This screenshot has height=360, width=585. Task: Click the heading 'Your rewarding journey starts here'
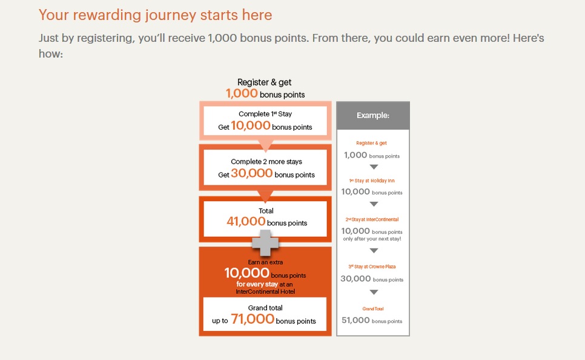click(x=155, y=15)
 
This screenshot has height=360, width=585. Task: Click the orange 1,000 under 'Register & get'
click(x=242, y=93)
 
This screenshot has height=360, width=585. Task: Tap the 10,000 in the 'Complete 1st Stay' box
click(x=250, y=125)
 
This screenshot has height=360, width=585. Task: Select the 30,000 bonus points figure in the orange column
click(x=252, y=173)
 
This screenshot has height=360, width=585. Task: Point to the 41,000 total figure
click(x=246, y=221)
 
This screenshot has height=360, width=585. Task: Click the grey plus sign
click(x=265, y=243)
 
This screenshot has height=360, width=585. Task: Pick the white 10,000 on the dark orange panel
click(x=246, y=273)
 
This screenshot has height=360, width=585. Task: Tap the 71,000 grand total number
click(x=253, y=319)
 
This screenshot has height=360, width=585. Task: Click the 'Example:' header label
click(x=373, y=115)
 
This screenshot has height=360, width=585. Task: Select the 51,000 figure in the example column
click(x=355, y=320)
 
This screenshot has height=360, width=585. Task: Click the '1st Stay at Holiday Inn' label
click(x=372, y=181)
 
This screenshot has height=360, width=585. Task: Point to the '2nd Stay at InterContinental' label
click(x=372, y=219)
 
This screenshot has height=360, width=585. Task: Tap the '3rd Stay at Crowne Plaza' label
click(x=372, y=267)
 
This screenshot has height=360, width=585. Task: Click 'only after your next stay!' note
click(x=372, y=239)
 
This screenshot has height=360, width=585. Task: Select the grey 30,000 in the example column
click(x=355, y=279)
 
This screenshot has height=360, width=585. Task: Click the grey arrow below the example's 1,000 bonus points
click(x=374, y=167)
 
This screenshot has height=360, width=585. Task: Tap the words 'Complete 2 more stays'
click(x=266, y=162)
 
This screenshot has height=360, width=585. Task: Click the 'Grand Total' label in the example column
click(x=373, y=309)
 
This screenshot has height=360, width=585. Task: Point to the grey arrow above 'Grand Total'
click(x=374, y=292)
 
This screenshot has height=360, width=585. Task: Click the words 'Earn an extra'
click(x=265, y=262)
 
